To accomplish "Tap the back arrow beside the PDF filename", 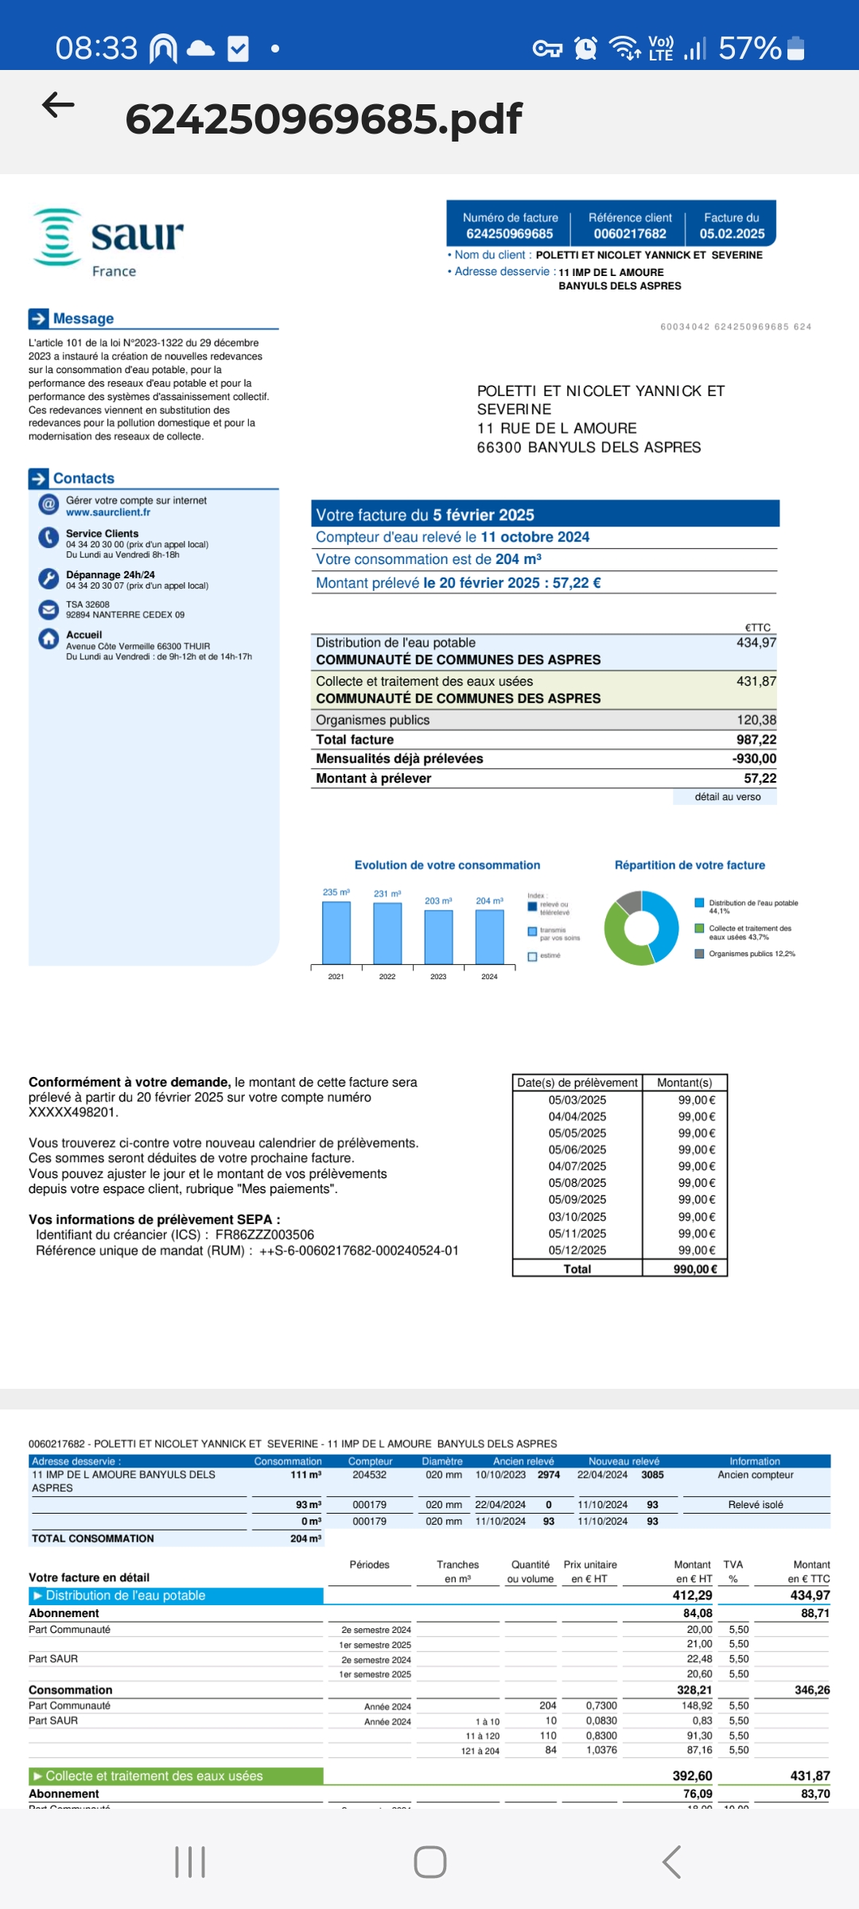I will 58,105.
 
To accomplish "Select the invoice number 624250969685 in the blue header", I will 509,234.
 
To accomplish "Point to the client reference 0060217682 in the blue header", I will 630,234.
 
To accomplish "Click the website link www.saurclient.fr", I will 108,513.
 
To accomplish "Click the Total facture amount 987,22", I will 756,740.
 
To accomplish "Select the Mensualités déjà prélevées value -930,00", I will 754,759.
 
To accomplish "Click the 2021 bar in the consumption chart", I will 336,932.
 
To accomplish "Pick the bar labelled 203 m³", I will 438,937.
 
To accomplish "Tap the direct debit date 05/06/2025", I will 577,1149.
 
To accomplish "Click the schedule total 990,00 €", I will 695,1269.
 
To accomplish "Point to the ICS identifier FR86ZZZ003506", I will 265,1235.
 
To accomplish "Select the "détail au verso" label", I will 727,797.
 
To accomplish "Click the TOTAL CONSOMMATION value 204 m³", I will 305,1539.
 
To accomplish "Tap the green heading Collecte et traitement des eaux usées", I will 154,1776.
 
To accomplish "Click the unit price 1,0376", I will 601,1751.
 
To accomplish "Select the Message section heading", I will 83,319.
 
